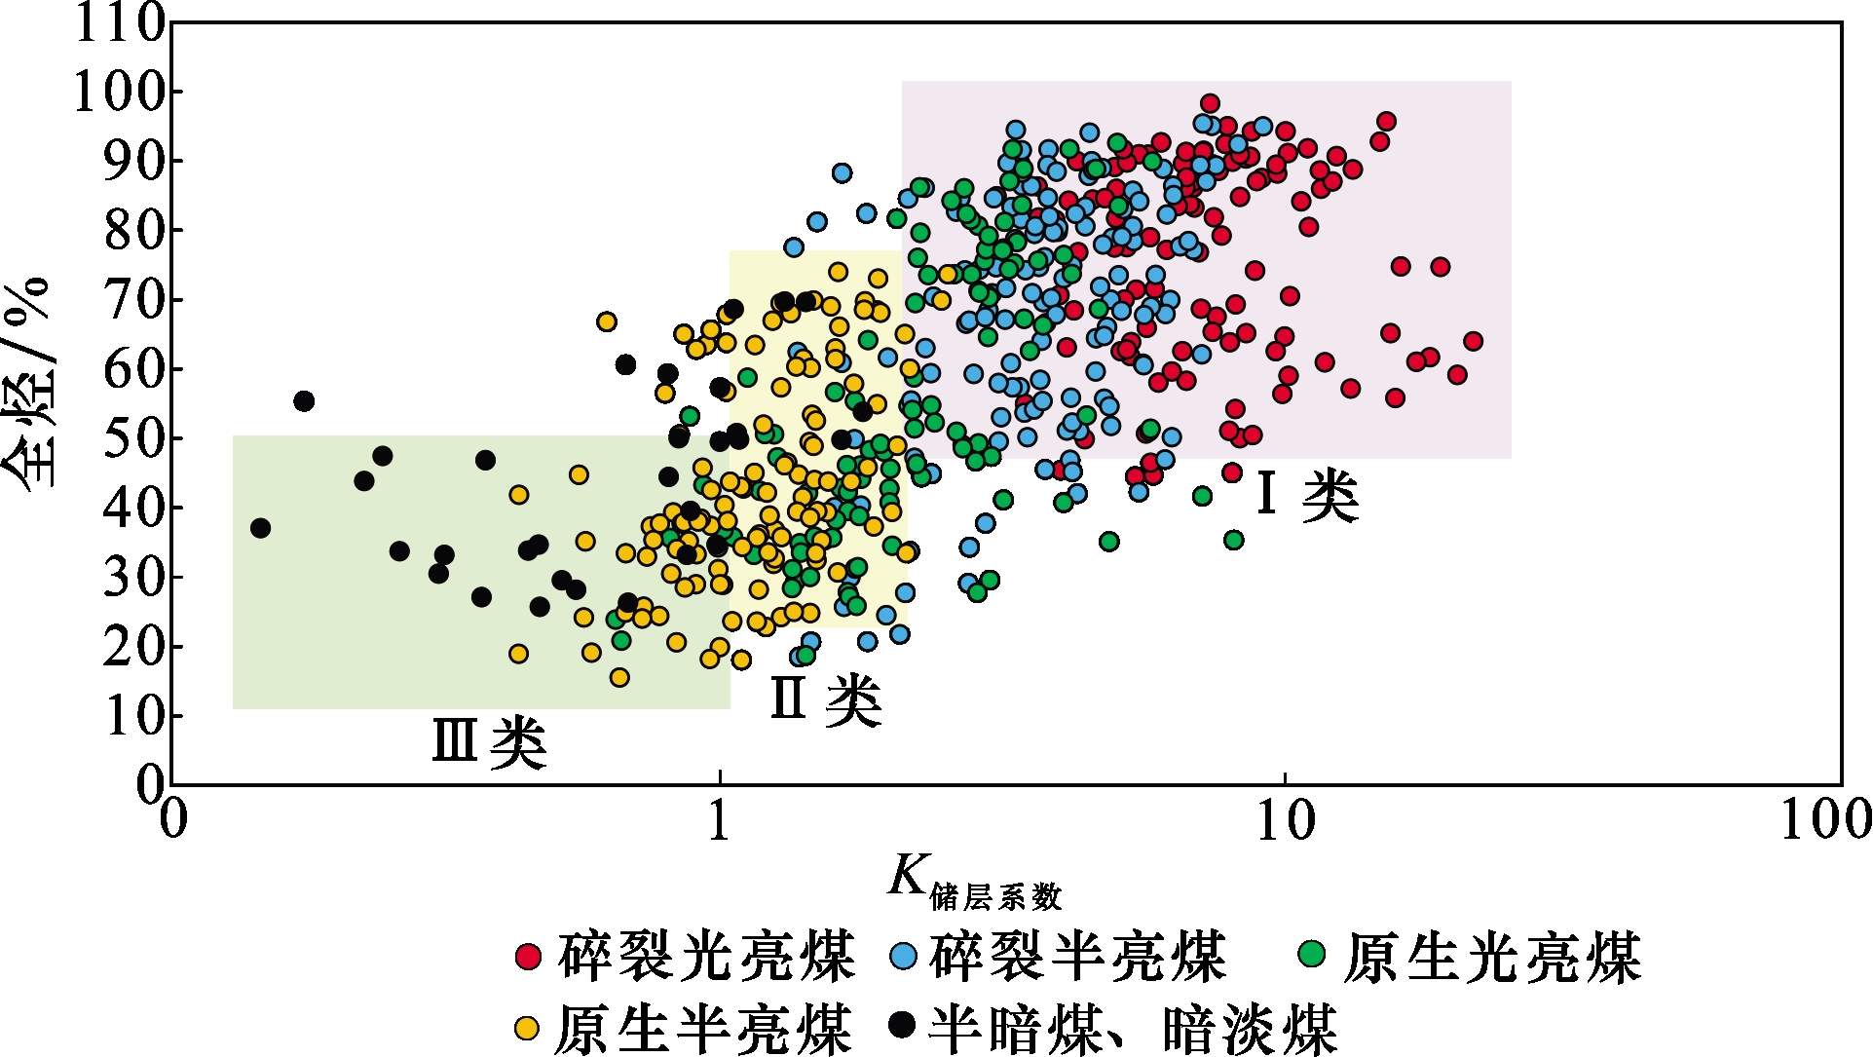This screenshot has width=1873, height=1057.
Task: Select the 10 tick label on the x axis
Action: point(1286,821)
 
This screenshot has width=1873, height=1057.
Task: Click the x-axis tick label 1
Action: point(720,821)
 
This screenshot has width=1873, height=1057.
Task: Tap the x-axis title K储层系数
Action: point(974,881)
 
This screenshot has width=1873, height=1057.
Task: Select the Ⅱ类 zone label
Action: point(826,698)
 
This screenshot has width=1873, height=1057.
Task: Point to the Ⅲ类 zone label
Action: point(489,742)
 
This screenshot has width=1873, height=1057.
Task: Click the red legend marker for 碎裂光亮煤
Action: point(528,956)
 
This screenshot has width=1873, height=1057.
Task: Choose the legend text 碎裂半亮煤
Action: point(1077,956)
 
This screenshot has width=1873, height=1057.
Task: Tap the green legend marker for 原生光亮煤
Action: point(1313,953)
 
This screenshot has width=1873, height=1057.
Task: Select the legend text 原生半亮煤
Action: point(703,1027)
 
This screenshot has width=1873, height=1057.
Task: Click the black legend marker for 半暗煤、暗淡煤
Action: point(903,1024)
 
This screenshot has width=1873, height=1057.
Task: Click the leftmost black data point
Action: point(260,528)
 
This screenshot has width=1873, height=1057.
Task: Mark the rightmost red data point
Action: point(1473,341)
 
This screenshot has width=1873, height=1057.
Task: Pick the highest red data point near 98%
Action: point(1210,103)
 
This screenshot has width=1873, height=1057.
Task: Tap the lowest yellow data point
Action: point(619,677)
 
